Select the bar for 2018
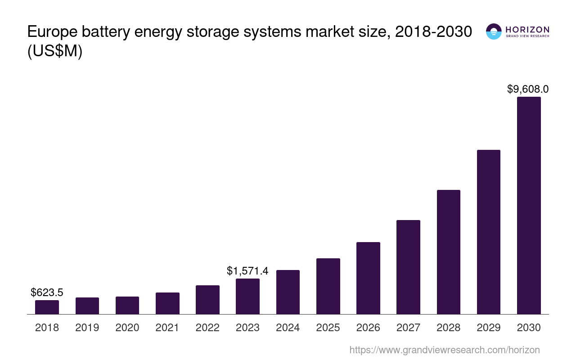(47, 307)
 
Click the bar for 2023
(247, 296)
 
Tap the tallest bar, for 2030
(529, 205)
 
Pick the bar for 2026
(368, 278)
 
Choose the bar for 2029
(488, 232)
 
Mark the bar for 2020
(127, 305)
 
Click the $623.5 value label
(47, 292)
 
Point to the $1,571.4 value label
(247, 271)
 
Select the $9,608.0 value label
(528, 89)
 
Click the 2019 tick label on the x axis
(87, 328)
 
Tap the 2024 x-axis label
(288, 328)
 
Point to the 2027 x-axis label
(408, 328)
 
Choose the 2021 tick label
(167, 328)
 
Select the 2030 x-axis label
(529, 328)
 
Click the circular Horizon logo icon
(494, 31)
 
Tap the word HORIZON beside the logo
(527, 30)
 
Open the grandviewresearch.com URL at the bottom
(444, 350)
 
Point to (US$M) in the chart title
(55, 52)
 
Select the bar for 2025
(328, 286)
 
